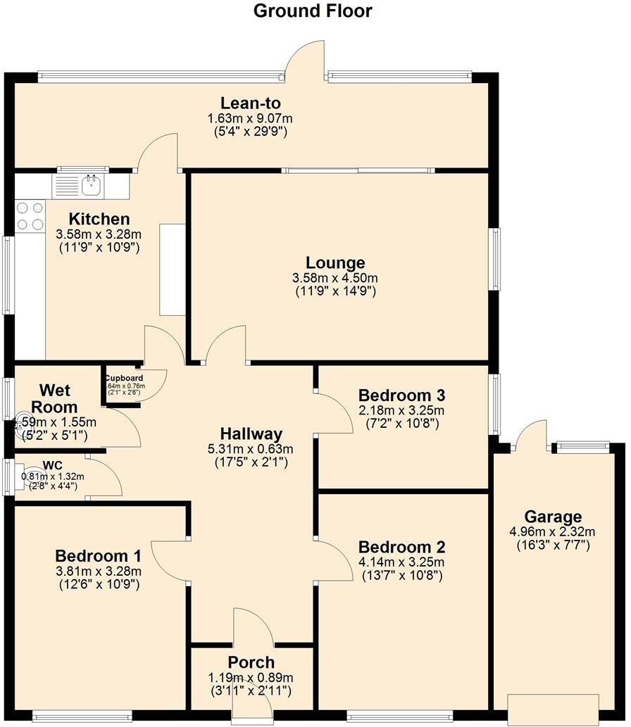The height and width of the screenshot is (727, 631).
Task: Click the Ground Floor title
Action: point(313,11)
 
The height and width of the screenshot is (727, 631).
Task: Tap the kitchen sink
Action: point(91,186)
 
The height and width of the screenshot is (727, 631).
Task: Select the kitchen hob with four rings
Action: point(30,216)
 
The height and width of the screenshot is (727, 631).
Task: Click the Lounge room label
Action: point(335,263)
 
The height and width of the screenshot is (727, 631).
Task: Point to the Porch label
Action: point(251,662)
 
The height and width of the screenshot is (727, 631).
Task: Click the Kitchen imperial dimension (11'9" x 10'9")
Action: point(99,247)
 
